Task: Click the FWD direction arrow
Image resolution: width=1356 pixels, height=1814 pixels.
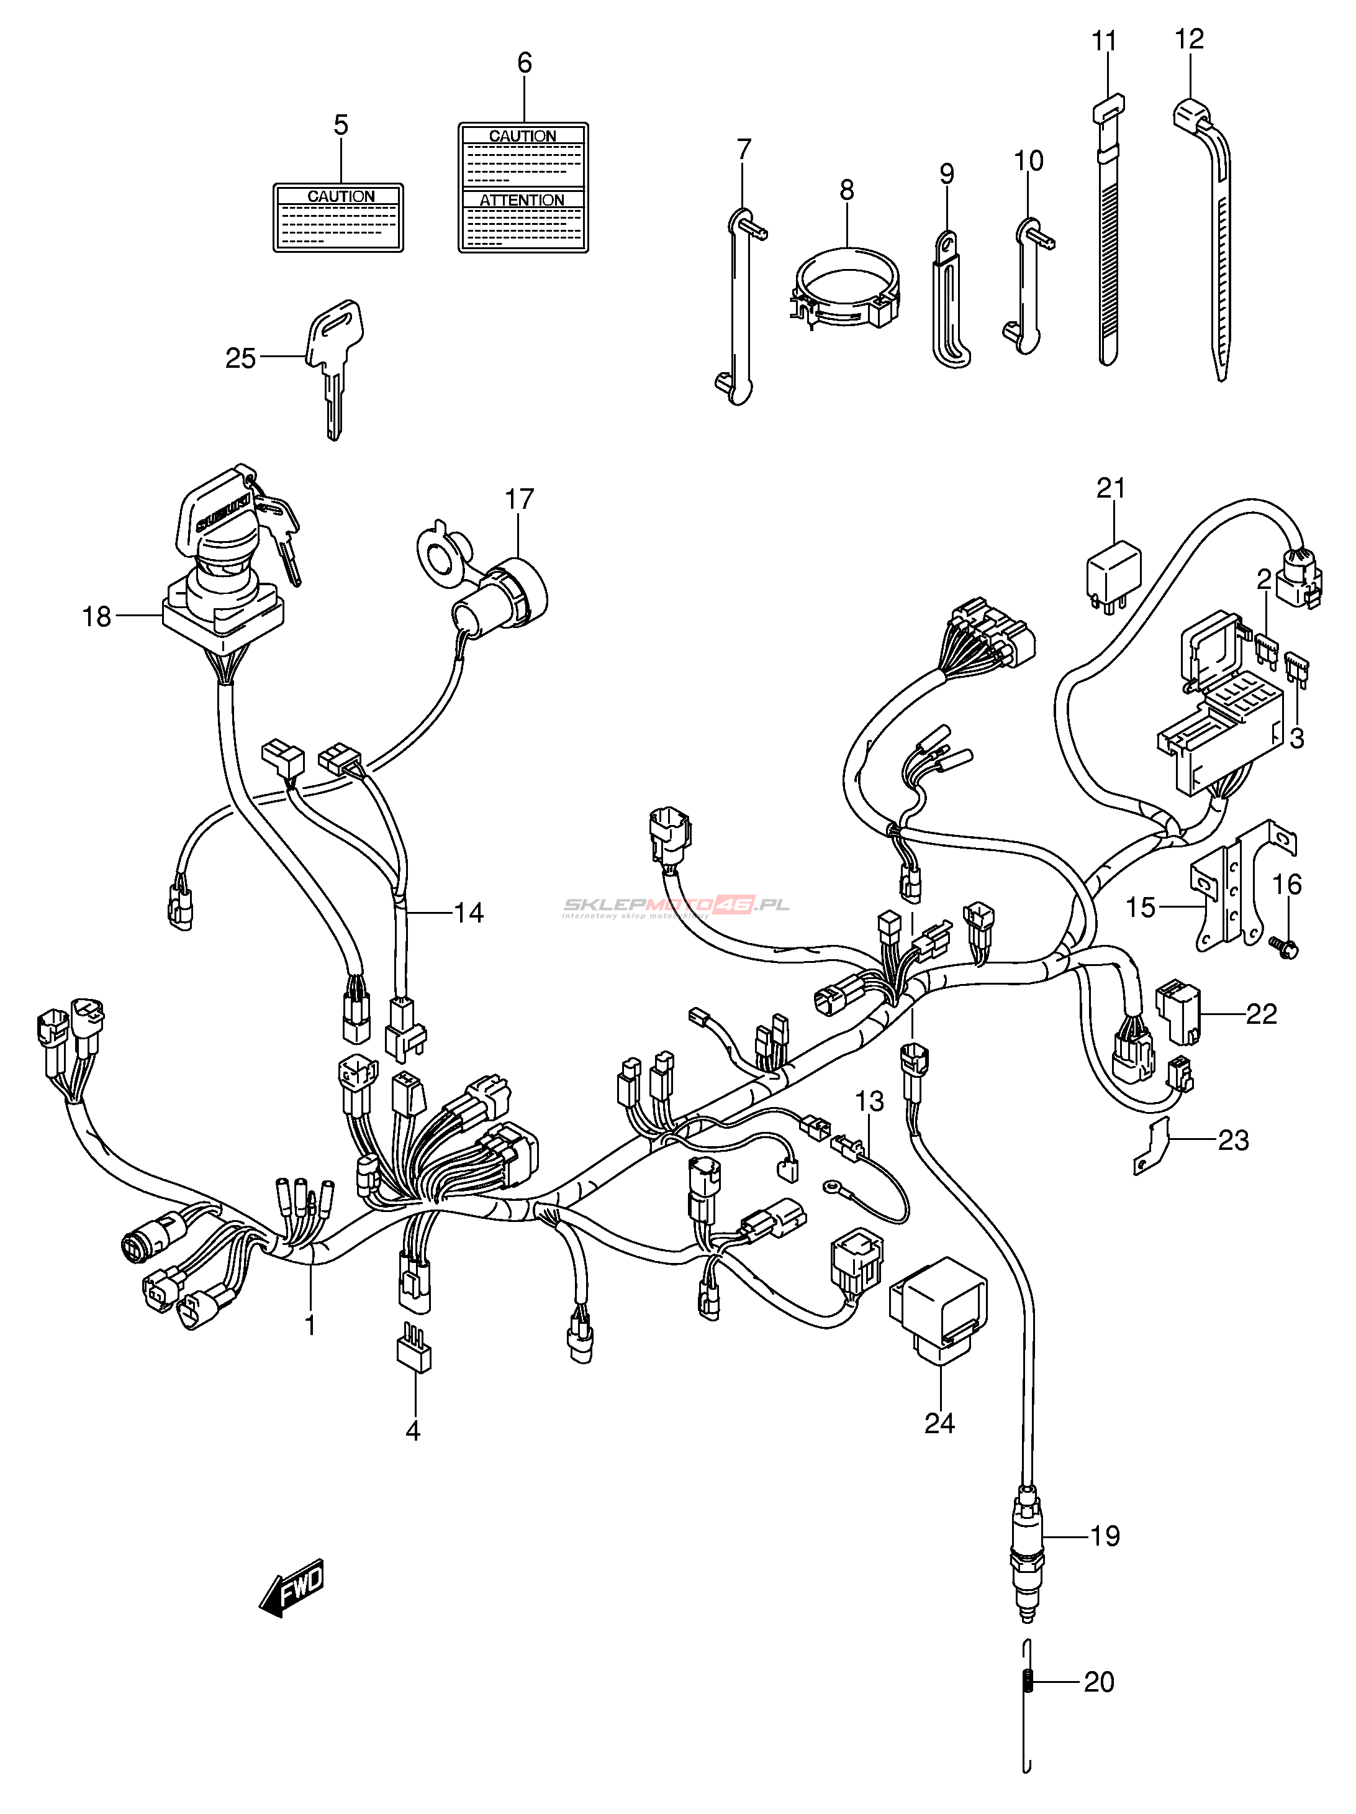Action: [x=292, y=1588]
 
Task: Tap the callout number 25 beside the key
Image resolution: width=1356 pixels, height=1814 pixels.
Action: [x=240, y=358]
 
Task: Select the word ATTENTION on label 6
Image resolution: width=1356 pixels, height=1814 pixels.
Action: [x=522, y=200]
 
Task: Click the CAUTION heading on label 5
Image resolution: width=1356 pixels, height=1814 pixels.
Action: [x=340, y=196]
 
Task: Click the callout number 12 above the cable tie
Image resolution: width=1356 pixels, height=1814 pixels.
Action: [x=1189, y=39]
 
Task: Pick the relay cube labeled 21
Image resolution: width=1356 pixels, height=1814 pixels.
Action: [x=1113, y=571]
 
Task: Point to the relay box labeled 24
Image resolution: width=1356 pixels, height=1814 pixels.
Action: [x=939, y=1310]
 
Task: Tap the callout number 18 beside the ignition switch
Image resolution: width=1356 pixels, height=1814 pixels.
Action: [x=96, y=616]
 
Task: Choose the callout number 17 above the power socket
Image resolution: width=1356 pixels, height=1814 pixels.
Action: [x=519, y=499]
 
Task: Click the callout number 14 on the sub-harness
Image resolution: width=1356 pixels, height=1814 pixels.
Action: [x=468, y=912]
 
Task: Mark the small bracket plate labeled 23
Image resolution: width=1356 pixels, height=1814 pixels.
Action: [x=1152, y=1146]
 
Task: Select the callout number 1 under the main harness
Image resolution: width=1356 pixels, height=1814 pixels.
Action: [x=310, y=1324]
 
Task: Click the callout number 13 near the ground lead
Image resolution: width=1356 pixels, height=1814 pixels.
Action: [x=870, y=1101]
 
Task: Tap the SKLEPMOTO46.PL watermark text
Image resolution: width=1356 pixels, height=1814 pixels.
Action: [x=676, y=905]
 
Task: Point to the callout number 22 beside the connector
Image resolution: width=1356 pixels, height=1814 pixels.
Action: [x=1261, y=1014]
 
